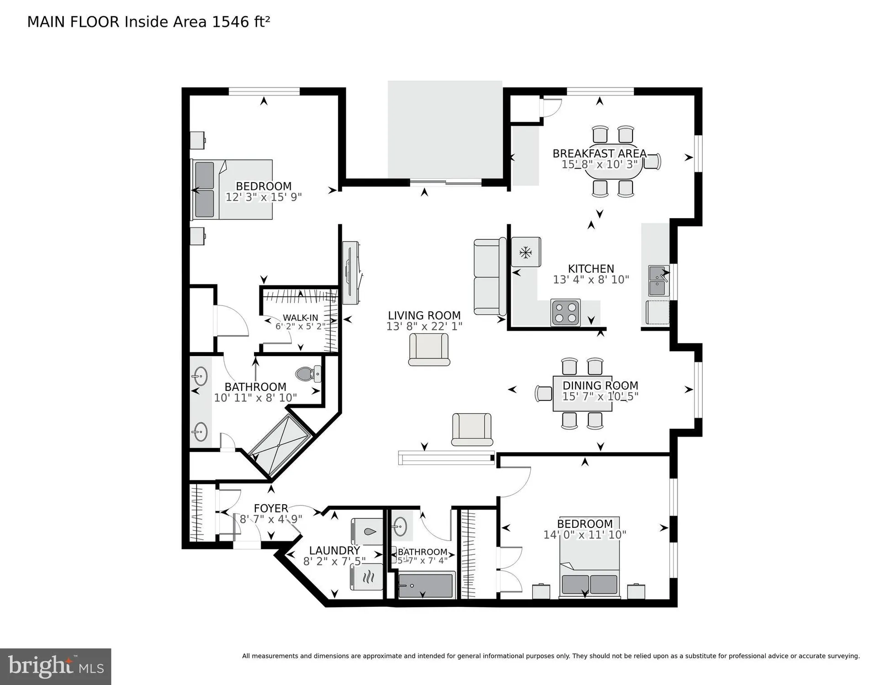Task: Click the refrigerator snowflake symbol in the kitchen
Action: click(526, 252)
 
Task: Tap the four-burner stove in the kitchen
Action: click(565, 312)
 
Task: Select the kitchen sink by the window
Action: click(658, 281)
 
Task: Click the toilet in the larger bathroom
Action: click(309, 374)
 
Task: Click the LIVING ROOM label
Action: click(424, 316)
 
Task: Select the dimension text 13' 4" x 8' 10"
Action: click(591, 280)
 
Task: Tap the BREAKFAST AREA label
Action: click(599, 153)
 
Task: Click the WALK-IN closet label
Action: click(300, 318)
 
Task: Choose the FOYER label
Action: click(271, 508)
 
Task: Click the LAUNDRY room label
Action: click(334, 551)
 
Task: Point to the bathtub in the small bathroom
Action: click(425, 585)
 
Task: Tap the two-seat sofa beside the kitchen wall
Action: click(490, 277)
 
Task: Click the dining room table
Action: click(582, 393)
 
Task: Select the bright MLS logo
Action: click(56, 667)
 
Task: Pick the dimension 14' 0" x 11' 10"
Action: click(585, 535)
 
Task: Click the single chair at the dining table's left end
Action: click(544, 393)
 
